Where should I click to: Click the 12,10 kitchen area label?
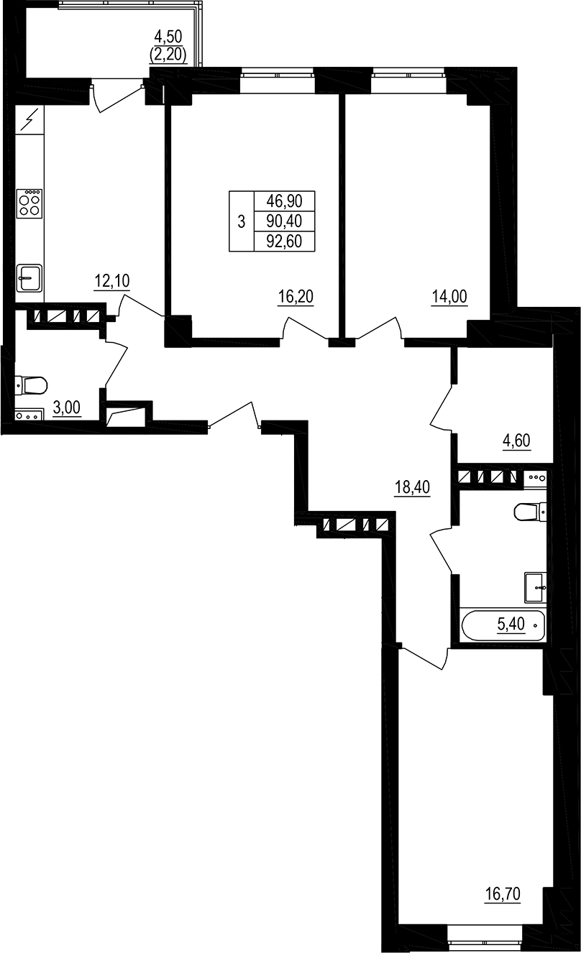pyautogui.click(x=111, y=281)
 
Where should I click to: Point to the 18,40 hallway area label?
pyautogui.click(x=412, y=487)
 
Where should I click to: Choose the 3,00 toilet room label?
pyautogui.click(x=67, y=409)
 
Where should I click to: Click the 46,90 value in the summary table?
pyautogui.click(x=284, y=203)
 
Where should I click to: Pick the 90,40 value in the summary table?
pyautogui.click(x=284, y=222)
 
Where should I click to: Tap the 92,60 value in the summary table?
pyautogui.click(x=284, y=241)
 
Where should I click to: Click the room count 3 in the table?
pyautogui.click(x=241, y=222)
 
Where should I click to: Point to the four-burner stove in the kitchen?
pyautogui.click(x=30, y=203)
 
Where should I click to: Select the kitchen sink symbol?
pyautogui.click(x=29, y=277)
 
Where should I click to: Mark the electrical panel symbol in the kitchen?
pyautogui.click(x=29, y=119)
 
